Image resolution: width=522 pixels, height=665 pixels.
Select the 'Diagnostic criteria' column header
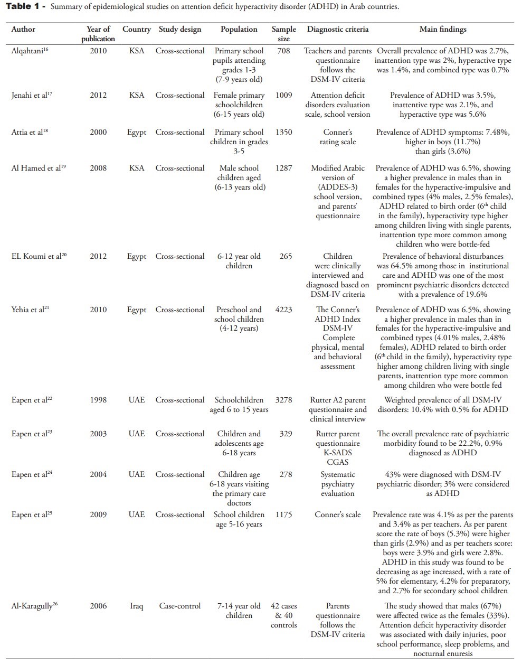(338, 30)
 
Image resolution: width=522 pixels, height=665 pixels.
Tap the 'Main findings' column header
(443, 30)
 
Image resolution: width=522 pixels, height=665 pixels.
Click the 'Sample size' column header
(283, 34)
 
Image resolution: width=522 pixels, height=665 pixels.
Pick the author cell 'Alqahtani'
(31, 51)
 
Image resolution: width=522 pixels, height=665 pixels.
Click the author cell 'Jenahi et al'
(32, 96)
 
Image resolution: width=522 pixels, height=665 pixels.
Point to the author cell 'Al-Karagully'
(34, 606)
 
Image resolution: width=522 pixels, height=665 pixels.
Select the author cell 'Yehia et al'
(30, 310)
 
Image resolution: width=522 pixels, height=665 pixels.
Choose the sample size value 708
(283, 51)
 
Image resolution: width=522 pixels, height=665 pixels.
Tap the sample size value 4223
(283, 310)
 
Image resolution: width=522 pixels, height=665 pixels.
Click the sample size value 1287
(283, 168)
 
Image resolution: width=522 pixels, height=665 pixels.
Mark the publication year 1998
(98, 400)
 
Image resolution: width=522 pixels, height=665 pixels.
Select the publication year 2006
(98, 606)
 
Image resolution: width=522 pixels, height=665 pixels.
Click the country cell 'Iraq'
(136, 606)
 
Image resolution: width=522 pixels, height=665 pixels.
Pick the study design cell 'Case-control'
(180, 606)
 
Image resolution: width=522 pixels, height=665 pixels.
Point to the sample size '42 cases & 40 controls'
(283, 615)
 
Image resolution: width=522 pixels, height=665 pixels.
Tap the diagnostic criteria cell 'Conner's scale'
(338, 514)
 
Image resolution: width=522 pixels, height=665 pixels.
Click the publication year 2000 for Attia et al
(98, 132)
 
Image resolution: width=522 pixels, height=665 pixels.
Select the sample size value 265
(286, 256)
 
